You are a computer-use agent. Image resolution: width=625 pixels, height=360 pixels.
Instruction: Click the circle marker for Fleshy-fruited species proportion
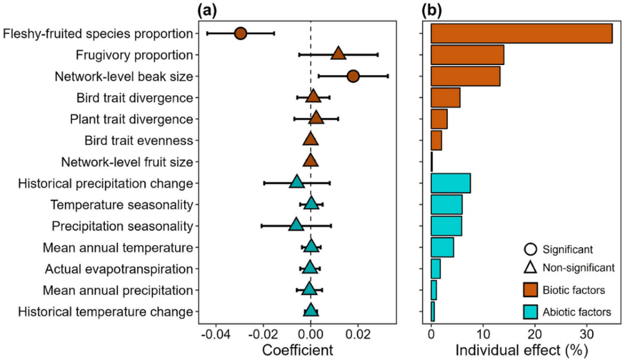pos(241,33)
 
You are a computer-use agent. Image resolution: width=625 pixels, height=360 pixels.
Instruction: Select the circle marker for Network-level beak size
pos(353,77)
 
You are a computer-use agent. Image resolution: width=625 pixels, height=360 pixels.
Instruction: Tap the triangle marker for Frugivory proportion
pos(338,54)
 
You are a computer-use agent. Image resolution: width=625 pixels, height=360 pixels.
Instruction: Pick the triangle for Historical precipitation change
pos(297,183)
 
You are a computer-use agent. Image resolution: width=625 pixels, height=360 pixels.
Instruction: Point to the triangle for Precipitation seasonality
pos(296,225)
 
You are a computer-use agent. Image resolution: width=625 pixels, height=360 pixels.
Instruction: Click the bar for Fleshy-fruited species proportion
pos(521,33)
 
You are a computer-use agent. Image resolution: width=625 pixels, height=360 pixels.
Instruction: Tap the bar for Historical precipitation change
pos(451,183)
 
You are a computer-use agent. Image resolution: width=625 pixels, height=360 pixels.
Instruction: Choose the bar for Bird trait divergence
pos(445,98)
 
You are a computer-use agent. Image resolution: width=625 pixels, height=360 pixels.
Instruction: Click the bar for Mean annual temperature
pos(442,247)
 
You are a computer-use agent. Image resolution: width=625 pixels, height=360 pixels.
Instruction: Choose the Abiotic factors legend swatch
pos(532,312)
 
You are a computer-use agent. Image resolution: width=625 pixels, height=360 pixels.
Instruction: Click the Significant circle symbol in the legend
pos(532,247)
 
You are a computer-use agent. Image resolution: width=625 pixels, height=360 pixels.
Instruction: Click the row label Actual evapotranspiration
pos(118,269)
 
